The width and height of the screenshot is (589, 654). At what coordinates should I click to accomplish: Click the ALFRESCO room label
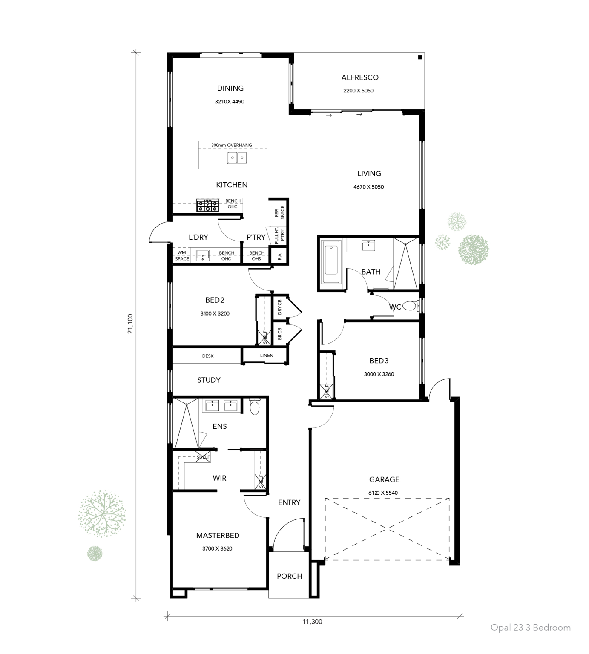point(359,77)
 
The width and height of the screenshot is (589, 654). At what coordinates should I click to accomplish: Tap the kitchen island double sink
point(237,158)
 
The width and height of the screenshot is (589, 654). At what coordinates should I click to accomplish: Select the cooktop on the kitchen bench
point(207,206)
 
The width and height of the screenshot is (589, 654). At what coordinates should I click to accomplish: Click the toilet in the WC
point(410,306)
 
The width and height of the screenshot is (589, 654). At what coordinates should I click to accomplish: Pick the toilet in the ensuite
point(254,407)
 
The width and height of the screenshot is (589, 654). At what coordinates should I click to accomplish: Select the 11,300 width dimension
point(312,622)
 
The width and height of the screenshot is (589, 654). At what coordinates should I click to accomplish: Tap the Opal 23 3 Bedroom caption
point(530,627)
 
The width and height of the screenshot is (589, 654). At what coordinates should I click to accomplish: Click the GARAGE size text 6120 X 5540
point(384,493)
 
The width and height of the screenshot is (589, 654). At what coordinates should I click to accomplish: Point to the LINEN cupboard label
point(267,356)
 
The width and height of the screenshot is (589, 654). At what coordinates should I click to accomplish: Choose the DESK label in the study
point(208,356)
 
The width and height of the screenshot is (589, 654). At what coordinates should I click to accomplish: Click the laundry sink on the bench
point(203,255)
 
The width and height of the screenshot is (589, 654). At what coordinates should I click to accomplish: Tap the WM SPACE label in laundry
point(182,256)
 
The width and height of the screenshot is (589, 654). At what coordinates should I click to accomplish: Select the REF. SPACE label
point(279,213)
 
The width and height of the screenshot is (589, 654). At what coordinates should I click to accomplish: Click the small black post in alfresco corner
point(420,57)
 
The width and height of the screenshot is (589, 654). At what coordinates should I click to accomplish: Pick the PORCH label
point(289,576)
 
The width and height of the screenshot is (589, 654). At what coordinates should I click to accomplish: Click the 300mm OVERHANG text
point(231,145)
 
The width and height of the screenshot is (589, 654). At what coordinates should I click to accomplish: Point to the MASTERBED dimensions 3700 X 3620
point(217,548)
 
